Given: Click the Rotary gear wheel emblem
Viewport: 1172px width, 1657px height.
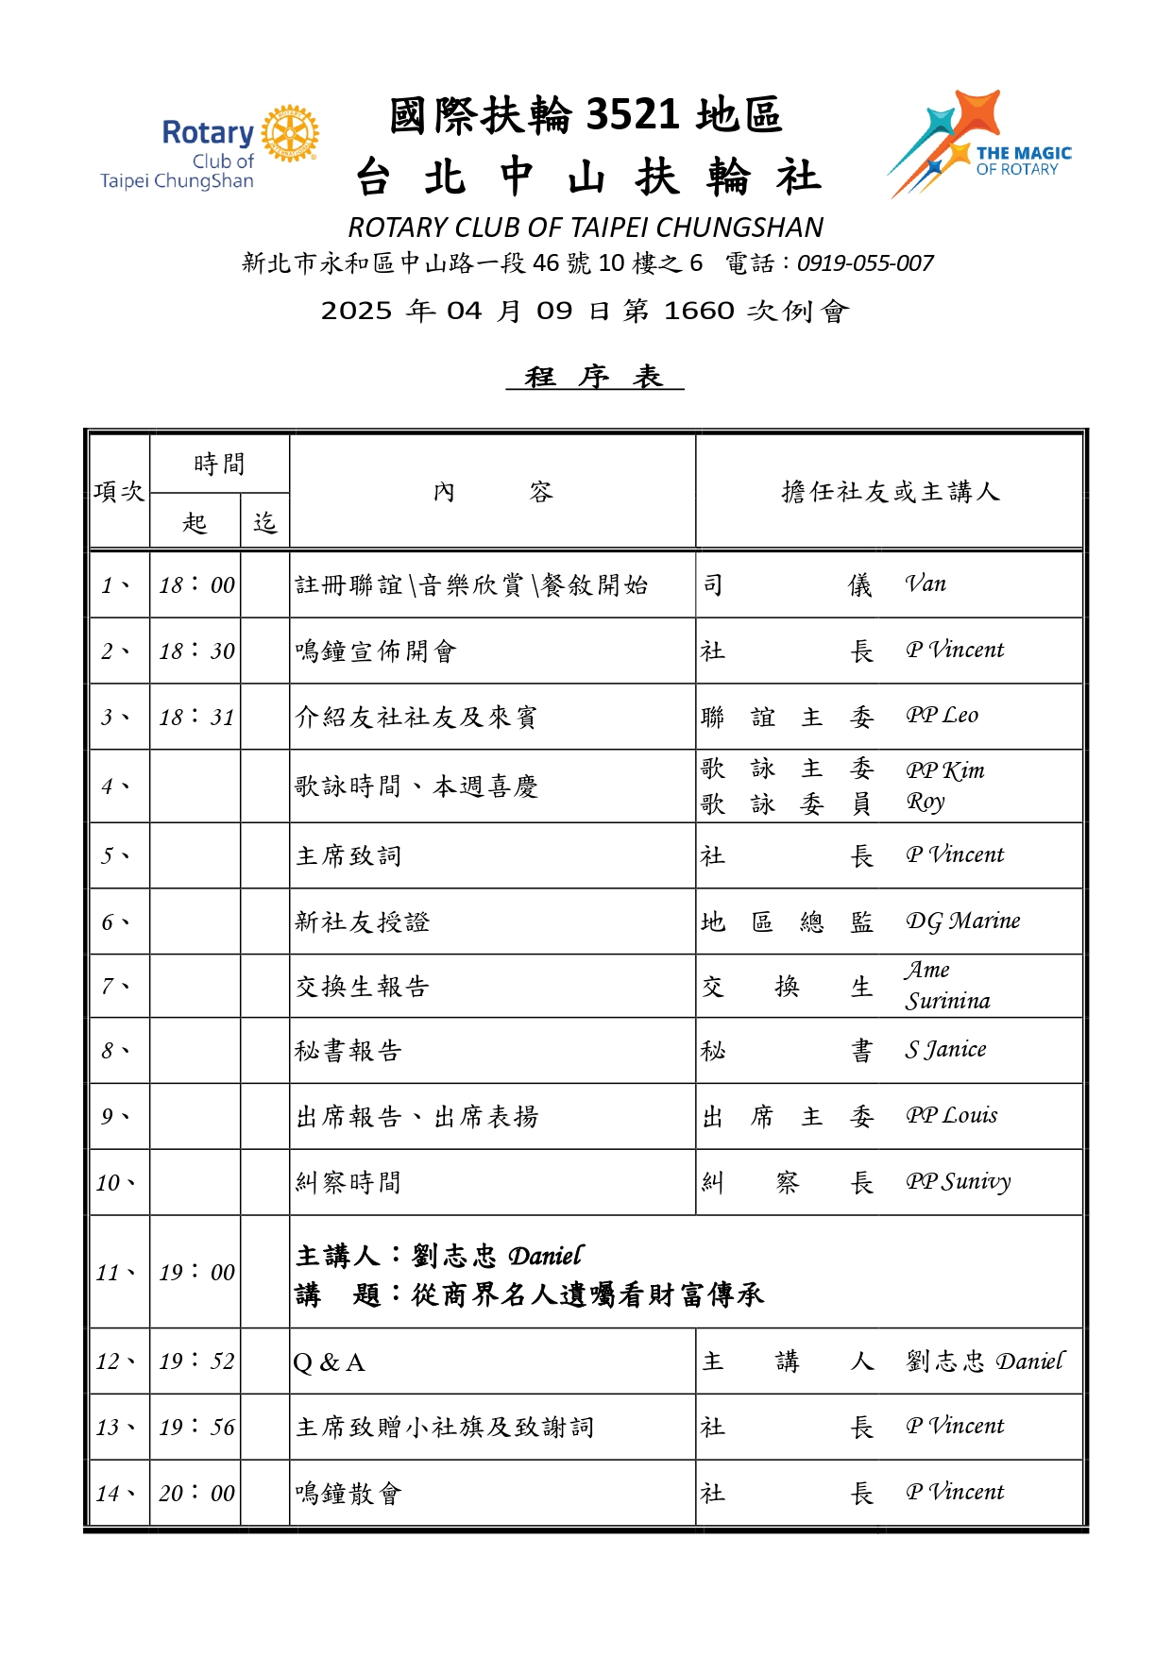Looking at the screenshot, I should click(x=290, y=133).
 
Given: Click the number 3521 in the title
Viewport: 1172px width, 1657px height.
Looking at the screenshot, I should click(x=632, y=115).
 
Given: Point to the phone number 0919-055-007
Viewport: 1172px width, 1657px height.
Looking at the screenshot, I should click(x=865, y=263).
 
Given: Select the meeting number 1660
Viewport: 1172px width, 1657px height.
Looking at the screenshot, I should click(x=699, y=311).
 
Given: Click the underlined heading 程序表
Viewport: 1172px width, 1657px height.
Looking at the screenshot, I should click(x=594, y=377).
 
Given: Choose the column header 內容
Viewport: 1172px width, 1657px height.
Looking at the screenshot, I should click(x=492, y=492).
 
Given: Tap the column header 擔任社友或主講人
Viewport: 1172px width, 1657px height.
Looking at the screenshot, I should click(x=890, y=492).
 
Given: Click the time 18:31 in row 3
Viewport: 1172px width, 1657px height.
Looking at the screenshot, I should click(x=196, y=718).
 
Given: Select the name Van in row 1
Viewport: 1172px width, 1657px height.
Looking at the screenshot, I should click(x=926, y=584).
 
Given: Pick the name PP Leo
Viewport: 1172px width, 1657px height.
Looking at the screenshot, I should click(x=942, y=716).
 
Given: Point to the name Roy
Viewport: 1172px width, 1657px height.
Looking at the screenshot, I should click(x=926, y=803).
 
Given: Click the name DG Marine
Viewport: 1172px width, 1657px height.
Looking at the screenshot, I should click(x=962, y=921).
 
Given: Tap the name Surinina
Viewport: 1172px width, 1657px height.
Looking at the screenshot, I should click(x=947, y=1001).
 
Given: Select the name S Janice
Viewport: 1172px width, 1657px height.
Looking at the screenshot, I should click(x=945, y=1050).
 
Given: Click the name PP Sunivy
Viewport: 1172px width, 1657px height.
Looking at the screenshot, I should click(x=958, y=1182).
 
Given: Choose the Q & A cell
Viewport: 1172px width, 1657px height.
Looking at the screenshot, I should click(x=329, y=1362).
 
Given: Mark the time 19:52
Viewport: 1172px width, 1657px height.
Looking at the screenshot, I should click(x=196, y=1361).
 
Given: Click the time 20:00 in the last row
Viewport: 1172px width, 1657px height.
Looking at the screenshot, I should click(x=196, y=1494).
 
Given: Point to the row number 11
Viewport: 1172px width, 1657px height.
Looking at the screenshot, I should click(x=114, y=1273).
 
